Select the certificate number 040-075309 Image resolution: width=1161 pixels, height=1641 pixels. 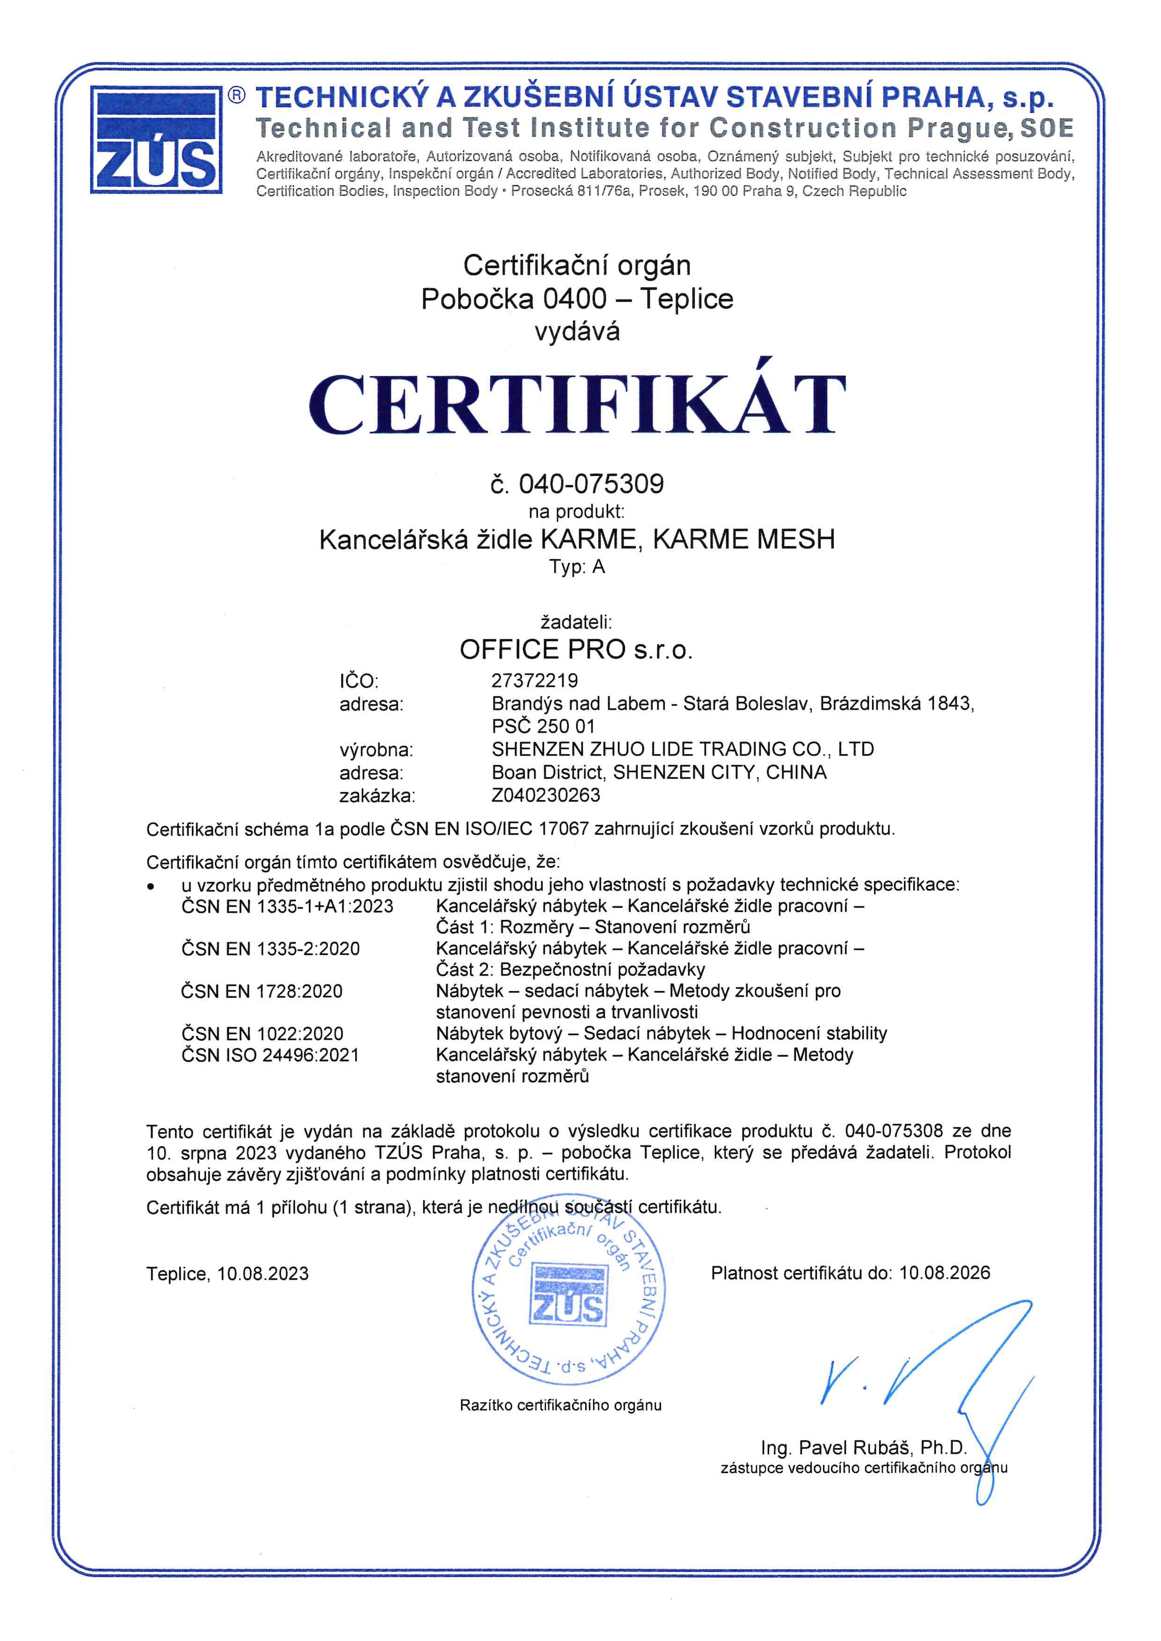(591, 484)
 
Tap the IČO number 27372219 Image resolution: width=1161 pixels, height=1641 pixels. (535, 680)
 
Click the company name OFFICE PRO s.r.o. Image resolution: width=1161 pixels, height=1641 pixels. (576, 649)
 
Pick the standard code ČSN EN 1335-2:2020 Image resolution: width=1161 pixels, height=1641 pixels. (270, 948)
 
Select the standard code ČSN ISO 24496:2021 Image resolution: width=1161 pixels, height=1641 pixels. (270, 1055)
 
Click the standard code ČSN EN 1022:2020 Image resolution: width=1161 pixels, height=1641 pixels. (262, 1034)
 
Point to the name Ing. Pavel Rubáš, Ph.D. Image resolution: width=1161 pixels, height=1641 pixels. (864, 1448)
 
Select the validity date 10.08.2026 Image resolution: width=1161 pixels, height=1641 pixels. (944, 1272)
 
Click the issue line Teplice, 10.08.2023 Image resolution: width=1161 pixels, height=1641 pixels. (228, 1274)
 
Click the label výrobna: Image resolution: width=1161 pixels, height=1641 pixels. (376, 750)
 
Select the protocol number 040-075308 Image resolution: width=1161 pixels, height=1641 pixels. (894, 1130)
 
